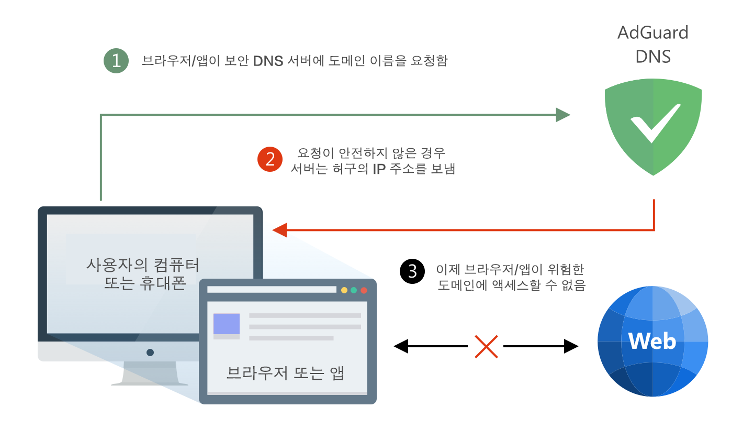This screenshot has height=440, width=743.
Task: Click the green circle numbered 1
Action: tap(116, 61)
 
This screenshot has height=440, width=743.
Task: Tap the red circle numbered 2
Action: tap(270, 159)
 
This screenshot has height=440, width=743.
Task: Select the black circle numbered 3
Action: tap(412, 271)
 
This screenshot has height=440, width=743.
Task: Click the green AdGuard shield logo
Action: tap(653, 127)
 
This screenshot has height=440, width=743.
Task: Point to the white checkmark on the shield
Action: tap(655, 124)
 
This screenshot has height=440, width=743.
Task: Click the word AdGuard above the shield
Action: tap(653, 32)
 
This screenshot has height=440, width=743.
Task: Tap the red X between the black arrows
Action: tap(486, 347)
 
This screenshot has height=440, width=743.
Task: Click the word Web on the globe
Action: tap(652, 341)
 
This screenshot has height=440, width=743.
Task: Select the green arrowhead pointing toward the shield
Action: tap(563, 115)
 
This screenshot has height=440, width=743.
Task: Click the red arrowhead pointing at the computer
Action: tap(279, 230)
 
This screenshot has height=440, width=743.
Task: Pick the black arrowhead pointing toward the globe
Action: tap(571, 346)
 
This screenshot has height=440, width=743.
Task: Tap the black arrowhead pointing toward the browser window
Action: tap(401, 346)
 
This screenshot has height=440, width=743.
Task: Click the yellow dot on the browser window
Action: tap(344, 290)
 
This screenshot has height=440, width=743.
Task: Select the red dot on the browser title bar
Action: tap(364, 290)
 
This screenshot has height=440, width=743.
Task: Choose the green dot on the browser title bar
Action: tap(354, 290)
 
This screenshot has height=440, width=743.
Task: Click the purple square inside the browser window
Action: tap(227, 324)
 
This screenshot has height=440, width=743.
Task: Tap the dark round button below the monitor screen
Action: tap(150, 353)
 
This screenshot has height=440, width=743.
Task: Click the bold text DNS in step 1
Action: tap(268, 61)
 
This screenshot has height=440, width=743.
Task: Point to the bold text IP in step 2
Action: tap(379, 169)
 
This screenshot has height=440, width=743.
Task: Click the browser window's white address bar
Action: tap(272, 290)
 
